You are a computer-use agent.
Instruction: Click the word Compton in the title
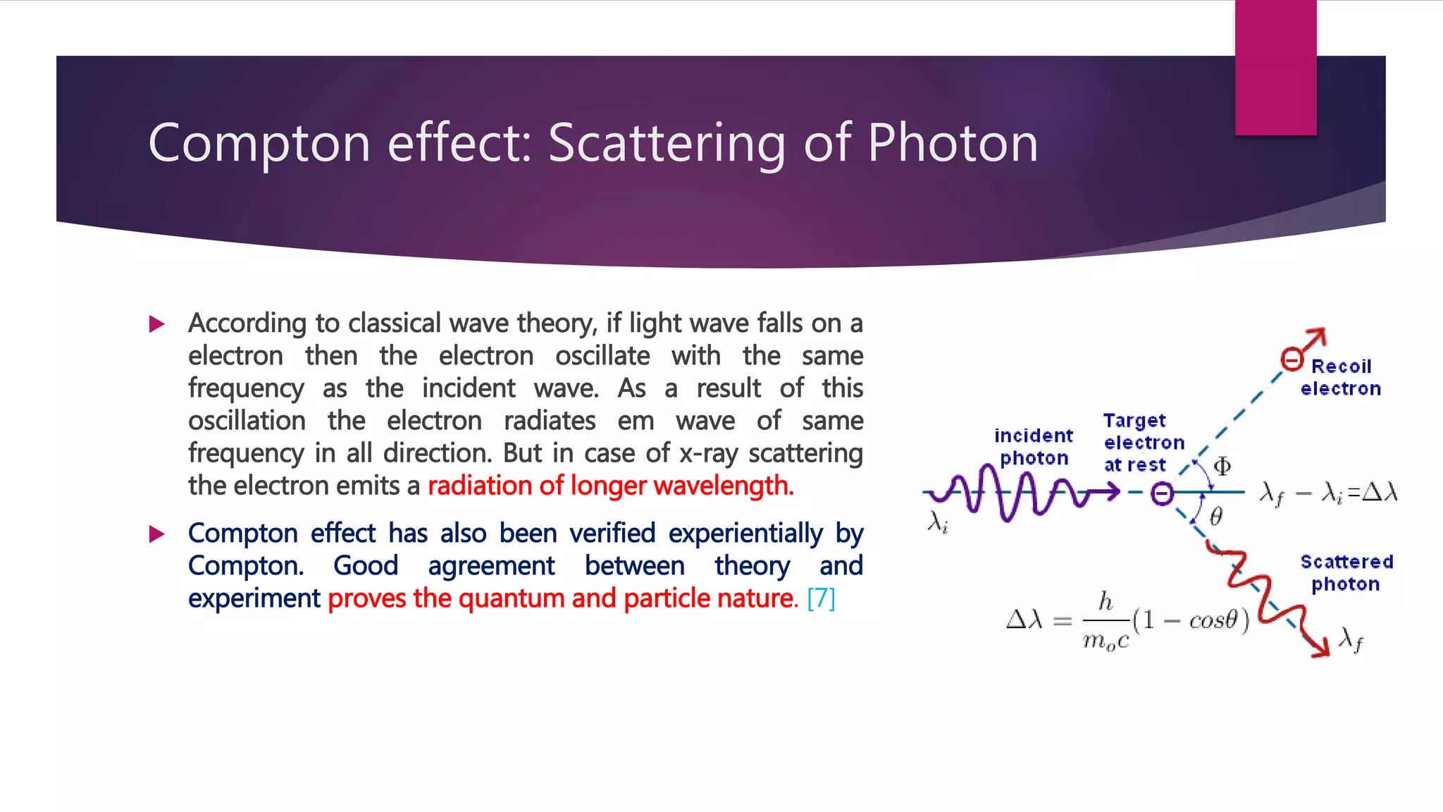pyautogui.click(x=259, y=143)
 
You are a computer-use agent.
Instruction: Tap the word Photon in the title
pyautogui.click(x=953, y=143)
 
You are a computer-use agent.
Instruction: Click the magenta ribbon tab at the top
pyautogui.click(x=1275, y=67)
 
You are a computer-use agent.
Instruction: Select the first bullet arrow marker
pyautogui.click(x=157, y=324)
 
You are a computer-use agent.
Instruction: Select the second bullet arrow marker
pyautogui.click(x=157, y=534)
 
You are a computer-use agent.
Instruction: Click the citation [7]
pyautogui.click(x=821, y=598)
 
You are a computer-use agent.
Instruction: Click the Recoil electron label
pyautogui.click(x=1340, y=377)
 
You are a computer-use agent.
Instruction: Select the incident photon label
pyautogui.click(x=1034, y=447)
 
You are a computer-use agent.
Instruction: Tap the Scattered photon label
pyautogui.click(x=1346, y=572)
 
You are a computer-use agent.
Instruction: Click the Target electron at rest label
pyautogui.click(x=1142, y=443)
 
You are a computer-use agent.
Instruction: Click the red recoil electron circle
pyautogui.click(x=1292, y=359)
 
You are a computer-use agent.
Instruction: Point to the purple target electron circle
pyautogui.click(x=1162, y=493)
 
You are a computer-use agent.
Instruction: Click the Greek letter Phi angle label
pyautogui.click(x=1222, y=466)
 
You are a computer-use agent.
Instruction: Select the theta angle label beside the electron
pyautogui.click(x=1215, y=517)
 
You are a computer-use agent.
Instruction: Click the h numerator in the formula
pyautogui.click(x=1106, y=601)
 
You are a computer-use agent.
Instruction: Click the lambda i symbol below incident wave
pyautogui.click(x=938, y=522)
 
